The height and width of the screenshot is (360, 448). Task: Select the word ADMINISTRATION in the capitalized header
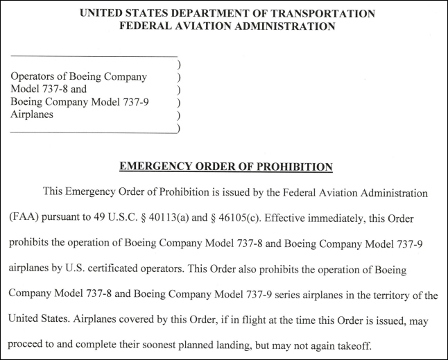[x=283, y=26]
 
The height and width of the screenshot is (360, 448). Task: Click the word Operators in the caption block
[x=33, y=77]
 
